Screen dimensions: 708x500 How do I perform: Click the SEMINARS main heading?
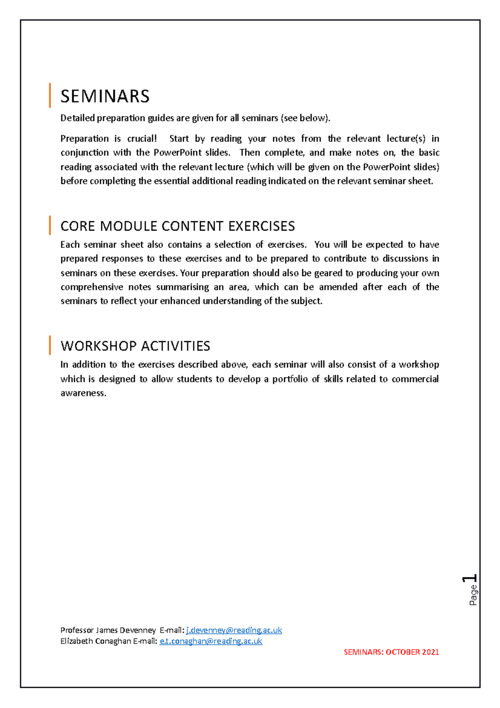(105, 96)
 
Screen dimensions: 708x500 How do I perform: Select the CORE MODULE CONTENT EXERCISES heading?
(177, 226)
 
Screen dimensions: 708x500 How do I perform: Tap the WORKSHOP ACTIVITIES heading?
(135, 346)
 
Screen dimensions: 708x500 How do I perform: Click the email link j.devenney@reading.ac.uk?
(234, 630)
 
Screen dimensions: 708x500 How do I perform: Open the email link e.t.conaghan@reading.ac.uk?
(211, 641)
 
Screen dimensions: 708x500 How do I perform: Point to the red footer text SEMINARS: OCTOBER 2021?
(391, 652)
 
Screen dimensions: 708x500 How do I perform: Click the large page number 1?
(470, 578)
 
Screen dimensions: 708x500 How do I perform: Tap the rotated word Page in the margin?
(473, 595)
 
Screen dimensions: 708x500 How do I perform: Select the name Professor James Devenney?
(108, 630)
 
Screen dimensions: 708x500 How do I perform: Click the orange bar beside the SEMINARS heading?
(50, 95)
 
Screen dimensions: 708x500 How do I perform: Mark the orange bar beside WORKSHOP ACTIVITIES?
(50, 345)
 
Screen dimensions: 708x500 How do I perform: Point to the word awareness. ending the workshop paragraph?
(83, 393)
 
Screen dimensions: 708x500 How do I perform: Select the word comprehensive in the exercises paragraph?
(92, 287)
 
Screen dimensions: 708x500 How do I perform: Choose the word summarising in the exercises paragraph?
(182, 287)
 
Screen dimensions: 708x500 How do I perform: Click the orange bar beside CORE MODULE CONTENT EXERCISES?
(50, 225)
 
